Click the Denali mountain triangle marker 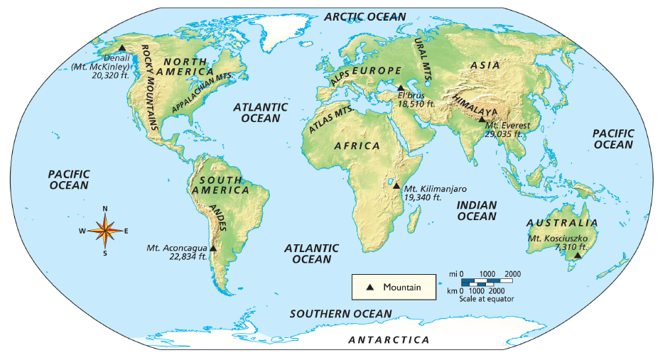click(122, 48)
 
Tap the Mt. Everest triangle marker click(482, 119)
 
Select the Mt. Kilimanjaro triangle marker click(396, 186)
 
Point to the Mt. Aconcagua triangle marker click(213, 248)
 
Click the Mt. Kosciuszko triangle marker click(577, 256)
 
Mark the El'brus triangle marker click(400, 88)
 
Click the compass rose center click(105, 230)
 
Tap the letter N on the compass click(105, 208)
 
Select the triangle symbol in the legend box click(369, 287)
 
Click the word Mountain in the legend click(402, 287)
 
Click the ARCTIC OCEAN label click(365, 16)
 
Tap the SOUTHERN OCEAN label click(340, 314)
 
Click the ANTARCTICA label click(389, 340)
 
